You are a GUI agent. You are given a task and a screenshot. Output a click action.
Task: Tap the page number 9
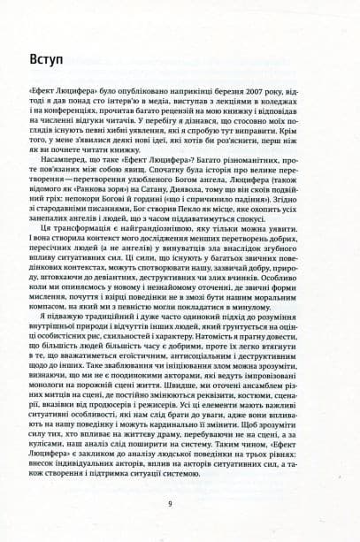tap(180, 504)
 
